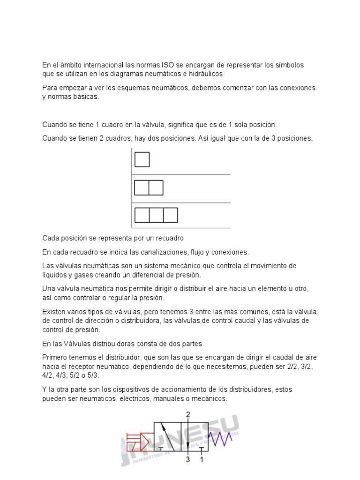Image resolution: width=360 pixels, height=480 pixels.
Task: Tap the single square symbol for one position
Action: click(142, 160)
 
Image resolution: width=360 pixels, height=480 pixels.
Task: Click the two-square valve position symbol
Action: click(149, 187)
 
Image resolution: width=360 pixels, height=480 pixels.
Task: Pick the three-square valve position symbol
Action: click(156, 215)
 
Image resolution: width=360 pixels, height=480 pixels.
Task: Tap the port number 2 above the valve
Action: click(188, 415)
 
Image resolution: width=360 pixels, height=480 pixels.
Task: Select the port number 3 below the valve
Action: click(187, 459)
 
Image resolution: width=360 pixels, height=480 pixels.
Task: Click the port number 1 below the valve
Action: click(202, 459)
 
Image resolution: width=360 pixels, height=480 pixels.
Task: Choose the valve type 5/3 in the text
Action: click(92, 375)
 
